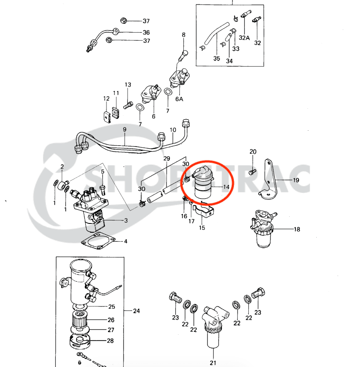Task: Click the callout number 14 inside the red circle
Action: click(226, 187)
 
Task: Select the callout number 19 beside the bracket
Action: click(296, 180)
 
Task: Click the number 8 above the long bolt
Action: click(184, 35)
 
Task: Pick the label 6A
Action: click(179, 99)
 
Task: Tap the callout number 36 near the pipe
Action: click(146, 32)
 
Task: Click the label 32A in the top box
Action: click(245, 38)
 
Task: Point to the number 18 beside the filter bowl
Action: click(296, 229)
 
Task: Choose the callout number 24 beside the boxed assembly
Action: click(136, 311)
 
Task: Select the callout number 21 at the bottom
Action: click(213, 363)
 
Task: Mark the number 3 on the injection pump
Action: click(126, 220)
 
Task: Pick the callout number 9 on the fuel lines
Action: click(125, 129)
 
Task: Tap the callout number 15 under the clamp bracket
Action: click(202, 228)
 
